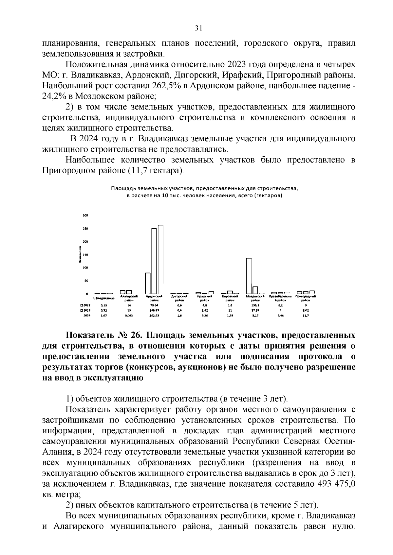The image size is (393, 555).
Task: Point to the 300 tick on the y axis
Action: click(x=85, y=216)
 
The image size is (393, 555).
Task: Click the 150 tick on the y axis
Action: click(x=85, y=255)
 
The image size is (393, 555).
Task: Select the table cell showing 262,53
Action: click(x=154, y=316)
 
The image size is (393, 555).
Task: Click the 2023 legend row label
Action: click(x=87, y=310)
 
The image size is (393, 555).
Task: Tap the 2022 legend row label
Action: click(x=87, y=305)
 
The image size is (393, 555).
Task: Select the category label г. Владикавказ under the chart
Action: click(x=103, y=298)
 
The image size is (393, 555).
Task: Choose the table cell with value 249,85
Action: click(x=154, y=310)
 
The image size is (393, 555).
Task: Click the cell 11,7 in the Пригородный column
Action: click(x=306, y=316)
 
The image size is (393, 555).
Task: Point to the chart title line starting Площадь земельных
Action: click(x=204, y=189)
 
